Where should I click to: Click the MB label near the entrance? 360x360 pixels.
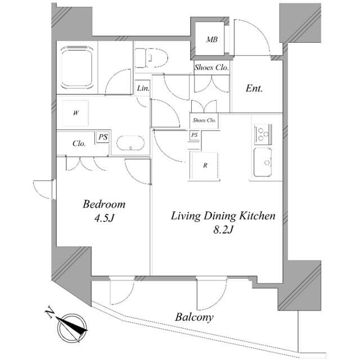tap(211, 39)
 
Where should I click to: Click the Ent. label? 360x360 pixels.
tap(255, 88)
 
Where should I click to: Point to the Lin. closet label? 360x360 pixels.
tap(143, 89)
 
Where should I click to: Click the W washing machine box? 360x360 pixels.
tap(75, 112)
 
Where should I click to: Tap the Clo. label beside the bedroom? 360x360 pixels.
tap(79, 143)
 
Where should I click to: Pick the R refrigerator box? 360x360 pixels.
tap(205, 165)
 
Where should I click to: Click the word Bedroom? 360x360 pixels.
tap(104, 204)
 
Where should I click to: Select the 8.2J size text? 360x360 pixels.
tap(223, 230)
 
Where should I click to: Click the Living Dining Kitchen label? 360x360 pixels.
tap(223, 215)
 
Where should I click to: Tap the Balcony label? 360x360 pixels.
tap(194, 318)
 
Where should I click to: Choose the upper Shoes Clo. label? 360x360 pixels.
tap(211, 67)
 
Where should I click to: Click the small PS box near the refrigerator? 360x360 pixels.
tap(194, 135)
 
